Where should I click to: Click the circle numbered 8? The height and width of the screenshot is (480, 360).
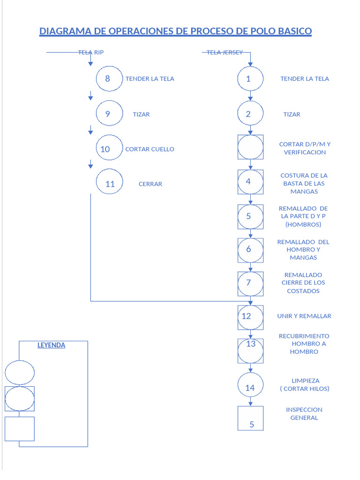click(109, 78)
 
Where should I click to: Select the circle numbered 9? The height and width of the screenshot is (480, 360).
click(109, 113)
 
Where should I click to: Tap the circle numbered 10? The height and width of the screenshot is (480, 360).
click(109, 149)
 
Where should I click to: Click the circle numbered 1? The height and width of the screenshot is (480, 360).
click(250, 78)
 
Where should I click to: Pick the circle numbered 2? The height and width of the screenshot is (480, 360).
click(250, 113)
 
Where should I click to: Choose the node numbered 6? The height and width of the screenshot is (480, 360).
click(250, 249)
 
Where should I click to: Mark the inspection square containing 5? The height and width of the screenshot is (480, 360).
click(250, 418)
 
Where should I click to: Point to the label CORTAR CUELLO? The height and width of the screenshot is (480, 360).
click(150, 149)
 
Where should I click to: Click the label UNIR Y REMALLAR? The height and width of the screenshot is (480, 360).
click(304, 316)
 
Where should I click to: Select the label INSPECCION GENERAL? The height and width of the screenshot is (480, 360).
click(304, 413)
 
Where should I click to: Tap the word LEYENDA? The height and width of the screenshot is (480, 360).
click(51, 345)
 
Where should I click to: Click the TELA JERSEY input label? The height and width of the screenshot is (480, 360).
click(225, 52)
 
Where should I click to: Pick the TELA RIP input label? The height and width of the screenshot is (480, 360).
click(90, 52)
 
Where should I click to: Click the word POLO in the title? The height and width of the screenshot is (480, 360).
click(260, 31)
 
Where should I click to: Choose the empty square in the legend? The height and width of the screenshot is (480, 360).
click(20, 428)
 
